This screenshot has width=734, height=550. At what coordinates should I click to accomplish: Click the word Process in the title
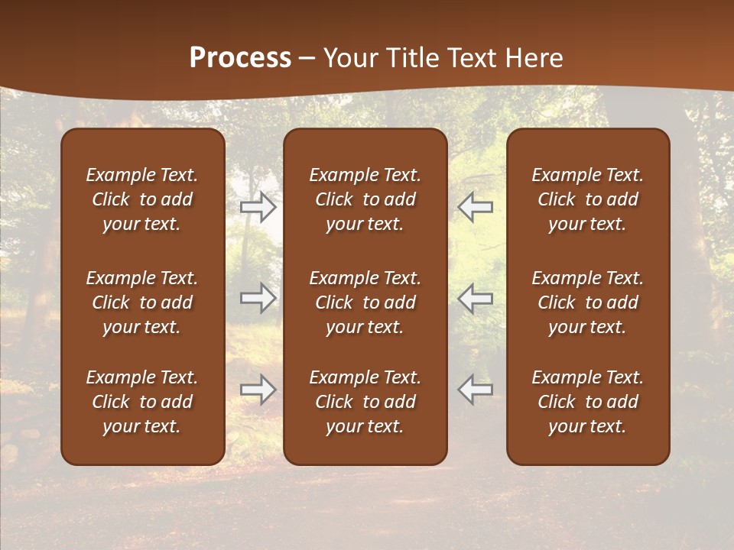(240, 58)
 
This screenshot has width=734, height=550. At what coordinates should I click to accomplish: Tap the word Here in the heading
(534, 58)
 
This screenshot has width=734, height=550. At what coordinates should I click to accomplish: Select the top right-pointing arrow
(258, 206)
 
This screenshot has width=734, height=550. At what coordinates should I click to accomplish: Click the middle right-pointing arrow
(258, 297)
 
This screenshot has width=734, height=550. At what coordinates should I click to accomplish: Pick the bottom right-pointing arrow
(258, 390)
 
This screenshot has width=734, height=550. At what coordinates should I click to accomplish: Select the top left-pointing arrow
(475, 206)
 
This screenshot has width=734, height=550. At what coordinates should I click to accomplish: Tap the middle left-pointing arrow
(475, 297)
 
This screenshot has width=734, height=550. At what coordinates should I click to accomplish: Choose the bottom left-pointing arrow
(475, 390)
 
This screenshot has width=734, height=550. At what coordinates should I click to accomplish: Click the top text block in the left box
(142, 199)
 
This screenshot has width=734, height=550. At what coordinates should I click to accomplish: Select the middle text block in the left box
(142, 302)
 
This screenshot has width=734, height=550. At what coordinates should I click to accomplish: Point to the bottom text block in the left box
(142, 402)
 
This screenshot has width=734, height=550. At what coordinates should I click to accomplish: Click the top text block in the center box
(365, 199)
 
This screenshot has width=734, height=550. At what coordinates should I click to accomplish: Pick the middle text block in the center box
(365, 302)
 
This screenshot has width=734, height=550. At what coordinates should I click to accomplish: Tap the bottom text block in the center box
(365, 402)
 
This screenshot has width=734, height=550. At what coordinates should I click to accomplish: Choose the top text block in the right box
(588, 199)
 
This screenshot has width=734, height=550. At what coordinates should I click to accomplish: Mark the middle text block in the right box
(588, 302)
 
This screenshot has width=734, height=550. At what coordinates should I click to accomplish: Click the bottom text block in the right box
(588, 402)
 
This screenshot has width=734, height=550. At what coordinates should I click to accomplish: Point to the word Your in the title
(348, 58)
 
